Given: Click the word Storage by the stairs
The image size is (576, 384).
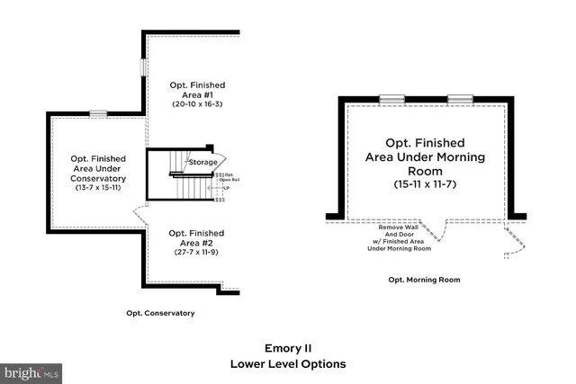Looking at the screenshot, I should [x=202, y=162].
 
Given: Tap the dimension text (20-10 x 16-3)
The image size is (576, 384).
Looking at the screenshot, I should [x=197, y=104].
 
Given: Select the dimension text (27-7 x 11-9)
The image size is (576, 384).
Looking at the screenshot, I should [x=195, y=252].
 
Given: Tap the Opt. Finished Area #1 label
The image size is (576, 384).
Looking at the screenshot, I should [x=197, y=89].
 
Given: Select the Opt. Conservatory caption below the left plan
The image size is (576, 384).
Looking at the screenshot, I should [x=160, y=313].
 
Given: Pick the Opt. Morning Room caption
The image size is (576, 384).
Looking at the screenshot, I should [x=424, y=280].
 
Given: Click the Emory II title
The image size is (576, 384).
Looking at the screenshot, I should [x=287, y=347].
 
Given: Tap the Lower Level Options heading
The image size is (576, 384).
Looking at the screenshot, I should [x=287, y=364].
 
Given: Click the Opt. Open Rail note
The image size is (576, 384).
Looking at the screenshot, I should [x=229, y=177].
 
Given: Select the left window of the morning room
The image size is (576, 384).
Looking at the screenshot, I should [x=391, y=97].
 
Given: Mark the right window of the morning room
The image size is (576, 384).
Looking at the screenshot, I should [x=460, y=97].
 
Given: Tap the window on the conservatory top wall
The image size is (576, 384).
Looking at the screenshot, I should [x=97, y=113].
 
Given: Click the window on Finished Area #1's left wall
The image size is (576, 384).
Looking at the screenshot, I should [x=142, y=68].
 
